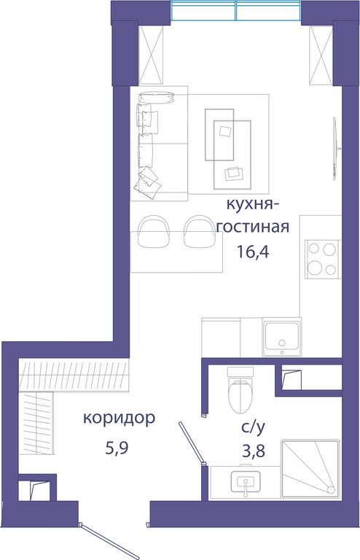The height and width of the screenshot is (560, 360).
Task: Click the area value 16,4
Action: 252,252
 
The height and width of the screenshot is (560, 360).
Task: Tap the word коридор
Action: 119,419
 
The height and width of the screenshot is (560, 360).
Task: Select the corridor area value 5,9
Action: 117,447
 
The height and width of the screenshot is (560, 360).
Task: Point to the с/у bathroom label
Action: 254,427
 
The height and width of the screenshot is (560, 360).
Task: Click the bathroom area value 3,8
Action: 254,451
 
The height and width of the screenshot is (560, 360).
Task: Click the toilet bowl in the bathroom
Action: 240,391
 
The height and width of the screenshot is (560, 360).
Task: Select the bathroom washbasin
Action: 246,481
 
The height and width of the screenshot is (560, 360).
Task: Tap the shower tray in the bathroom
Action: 309,469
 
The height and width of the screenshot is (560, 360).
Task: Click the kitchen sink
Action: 282,337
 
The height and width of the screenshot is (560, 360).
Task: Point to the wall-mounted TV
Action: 335,148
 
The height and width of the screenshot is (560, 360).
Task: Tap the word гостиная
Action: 253,227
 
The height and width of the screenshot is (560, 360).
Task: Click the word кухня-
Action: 253,206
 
